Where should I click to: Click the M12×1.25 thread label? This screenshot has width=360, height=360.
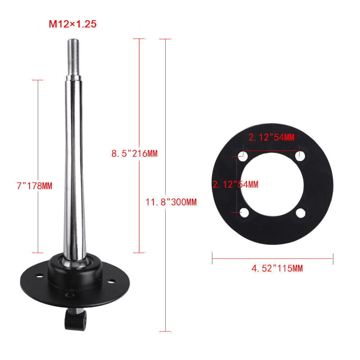[73, 25]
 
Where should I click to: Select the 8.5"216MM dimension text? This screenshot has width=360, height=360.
[134, 154]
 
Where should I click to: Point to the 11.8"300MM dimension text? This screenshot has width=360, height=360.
[171, 202]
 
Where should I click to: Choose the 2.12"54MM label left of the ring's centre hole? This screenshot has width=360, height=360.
[235, 185]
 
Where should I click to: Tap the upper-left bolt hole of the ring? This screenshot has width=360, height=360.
[243, 157]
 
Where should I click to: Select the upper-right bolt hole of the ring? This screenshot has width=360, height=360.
[300, 156]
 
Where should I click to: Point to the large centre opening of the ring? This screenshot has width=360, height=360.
[272, 185]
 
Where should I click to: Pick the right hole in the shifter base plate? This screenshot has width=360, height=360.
[112, 281]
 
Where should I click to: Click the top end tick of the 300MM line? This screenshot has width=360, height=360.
[165, 39]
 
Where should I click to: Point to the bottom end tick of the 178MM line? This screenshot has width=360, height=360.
[37, 253]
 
